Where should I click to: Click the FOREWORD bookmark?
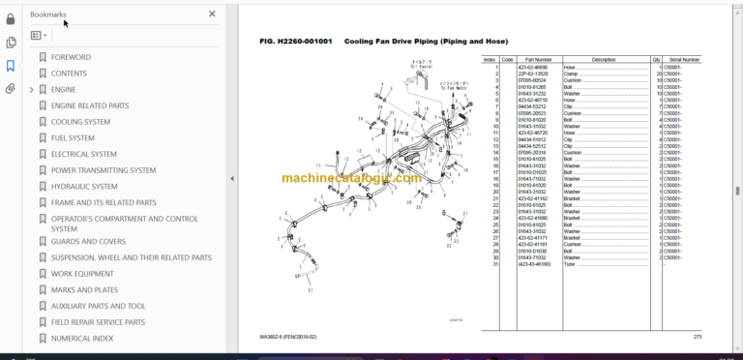coord(71,57)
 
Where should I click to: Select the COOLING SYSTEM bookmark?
coord(80,122)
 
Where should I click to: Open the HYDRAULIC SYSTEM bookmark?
coord(84,187)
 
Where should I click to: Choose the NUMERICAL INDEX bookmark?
coord(82,338)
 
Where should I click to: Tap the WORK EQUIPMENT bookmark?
coord(83,274)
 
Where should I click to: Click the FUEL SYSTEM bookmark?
coord(73,138)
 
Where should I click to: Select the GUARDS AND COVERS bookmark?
coord(88,242)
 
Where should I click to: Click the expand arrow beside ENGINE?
coord(31,90)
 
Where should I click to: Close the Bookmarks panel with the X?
coord(213,15)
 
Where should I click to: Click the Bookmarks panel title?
coord(48,15)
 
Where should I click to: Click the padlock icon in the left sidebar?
coord(11,18)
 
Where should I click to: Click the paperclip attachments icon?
coord(11,88)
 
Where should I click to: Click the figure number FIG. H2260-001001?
coord(296,42)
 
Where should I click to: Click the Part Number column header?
coord(537,59)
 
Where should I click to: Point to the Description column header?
coord(603,59)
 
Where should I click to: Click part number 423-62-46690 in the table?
coord(533,67)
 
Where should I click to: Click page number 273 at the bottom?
coord(698,336)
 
